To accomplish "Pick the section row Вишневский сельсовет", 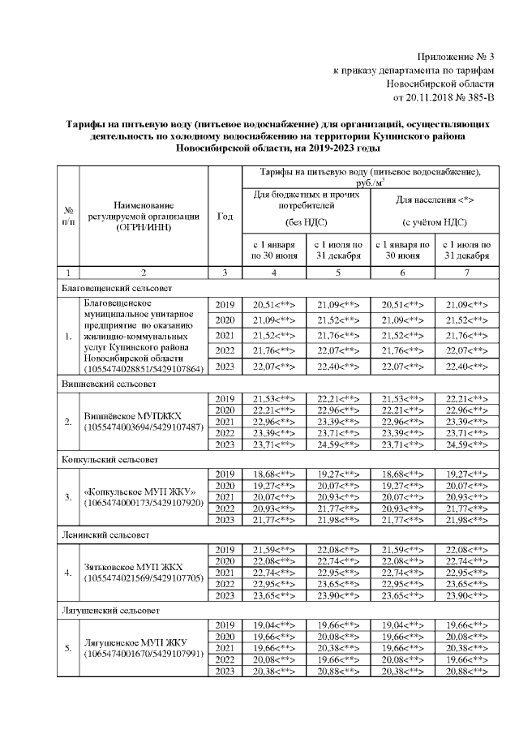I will point(104,380).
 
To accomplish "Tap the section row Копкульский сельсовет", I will point(104,458).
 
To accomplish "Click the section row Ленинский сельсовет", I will point(101,536).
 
